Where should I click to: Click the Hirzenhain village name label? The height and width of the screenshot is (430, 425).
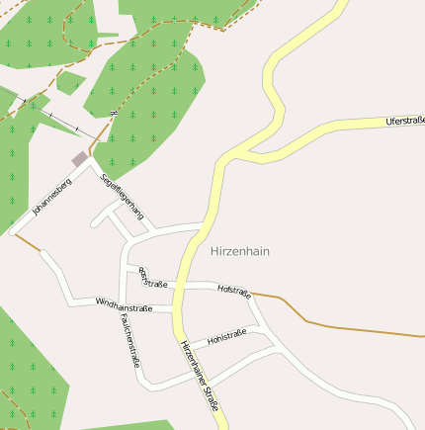point(240,251)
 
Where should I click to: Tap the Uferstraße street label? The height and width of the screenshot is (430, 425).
point(405,121)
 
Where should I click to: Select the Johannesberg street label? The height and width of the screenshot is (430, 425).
point(52,197)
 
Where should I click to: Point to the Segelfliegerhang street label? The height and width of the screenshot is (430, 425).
point(124,195)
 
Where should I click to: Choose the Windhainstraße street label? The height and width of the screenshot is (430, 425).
point(124,306)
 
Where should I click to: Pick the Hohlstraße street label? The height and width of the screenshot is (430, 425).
point(226,337)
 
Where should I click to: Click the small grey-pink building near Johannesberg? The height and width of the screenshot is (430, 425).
point(79,158)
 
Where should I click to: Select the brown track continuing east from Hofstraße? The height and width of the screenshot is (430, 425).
point(336,325)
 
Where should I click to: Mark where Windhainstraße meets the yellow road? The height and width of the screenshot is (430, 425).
point(175,310)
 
